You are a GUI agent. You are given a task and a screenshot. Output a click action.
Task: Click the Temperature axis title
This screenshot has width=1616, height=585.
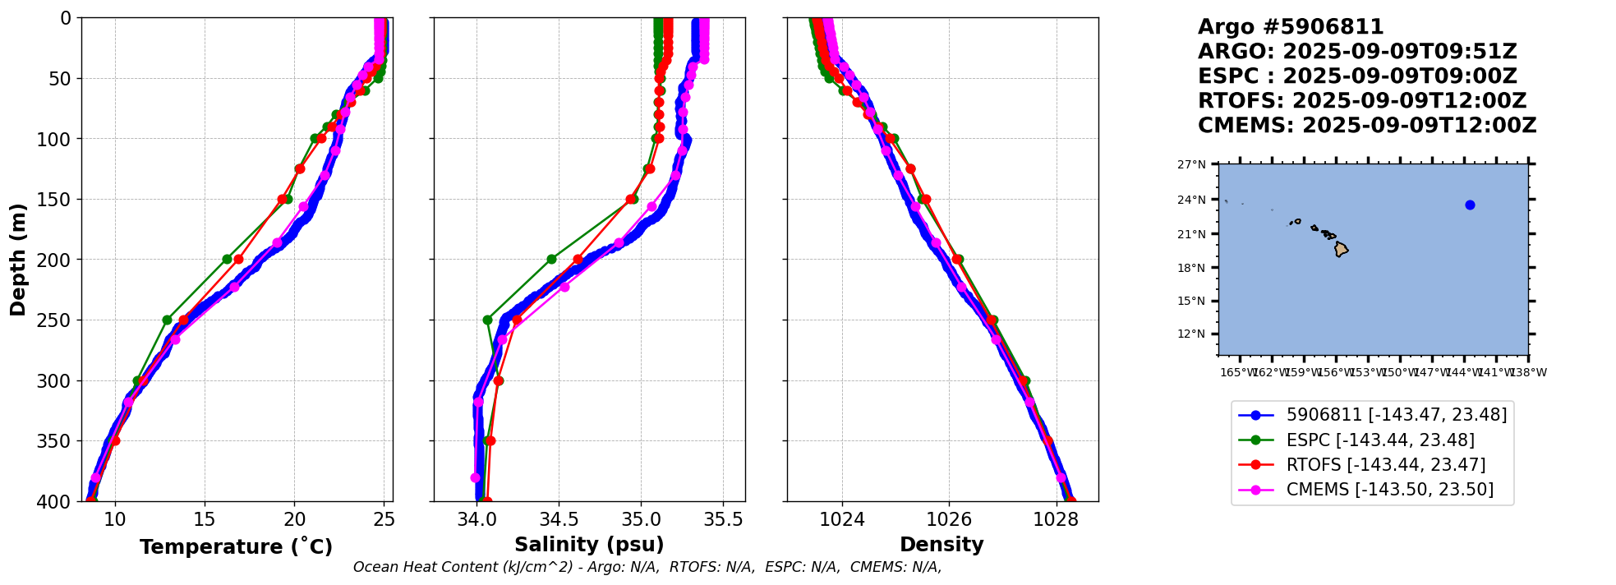tap(236, 546)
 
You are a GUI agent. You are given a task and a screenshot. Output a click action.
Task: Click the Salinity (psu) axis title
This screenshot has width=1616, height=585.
tap(589, 545)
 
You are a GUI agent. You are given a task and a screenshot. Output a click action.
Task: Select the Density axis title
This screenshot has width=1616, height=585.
tap(942, 545)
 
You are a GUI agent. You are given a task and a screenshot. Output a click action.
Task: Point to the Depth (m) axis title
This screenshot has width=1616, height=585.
tap(18, 260)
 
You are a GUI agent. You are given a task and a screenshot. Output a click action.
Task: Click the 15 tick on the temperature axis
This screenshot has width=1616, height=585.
tap(205, 519)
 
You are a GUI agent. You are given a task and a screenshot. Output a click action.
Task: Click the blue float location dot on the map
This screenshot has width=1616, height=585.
tap(1470, 205)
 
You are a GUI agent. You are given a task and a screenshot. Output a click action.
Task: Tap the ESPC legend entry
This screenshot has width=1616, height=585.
tap(1380, 440)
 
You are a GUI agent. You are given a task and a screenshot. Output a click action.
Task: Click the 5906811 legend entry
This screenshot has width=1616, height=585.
tap(1397, 416)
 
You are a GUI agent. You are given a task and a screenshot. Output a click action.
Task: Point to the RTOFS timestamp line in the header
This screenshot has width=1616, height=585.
tap(1361, 101)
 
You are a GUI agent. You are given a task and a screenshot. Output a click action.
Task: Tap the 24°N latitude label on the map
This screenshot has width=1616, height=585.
tap(1191, 200)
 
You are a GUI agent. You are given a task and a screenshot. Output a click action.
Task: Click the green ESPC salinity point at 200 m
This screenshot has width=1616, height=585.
tap(551, 260)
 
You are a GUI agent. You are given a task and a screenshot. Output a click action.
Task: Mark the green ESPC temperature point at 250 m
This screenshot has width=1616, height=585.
tap(167, 320)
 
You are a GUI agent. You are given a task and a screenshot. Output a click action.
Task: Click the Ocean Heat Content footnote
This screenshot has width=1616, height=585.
tap(647, 567)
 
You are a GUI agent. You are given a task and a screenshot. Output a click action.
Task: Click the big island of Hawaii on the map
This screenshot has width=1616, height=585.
tap(1341, 249)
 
